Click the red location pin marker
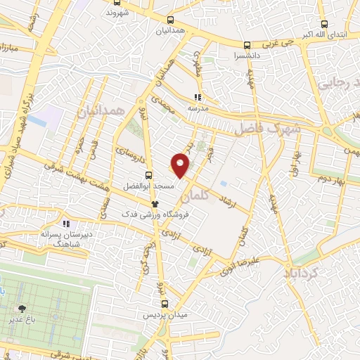click(x=181, y=166)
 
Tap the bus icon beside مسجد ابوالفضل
click(x=148, y=175)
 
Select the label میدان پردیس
click(x=165, y=316)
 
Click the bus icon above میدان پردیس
click(x=165, y=304)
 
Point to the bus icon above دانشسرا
click(x=246, y=44)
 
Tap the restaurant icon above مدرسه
click(x=198, y=98)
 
